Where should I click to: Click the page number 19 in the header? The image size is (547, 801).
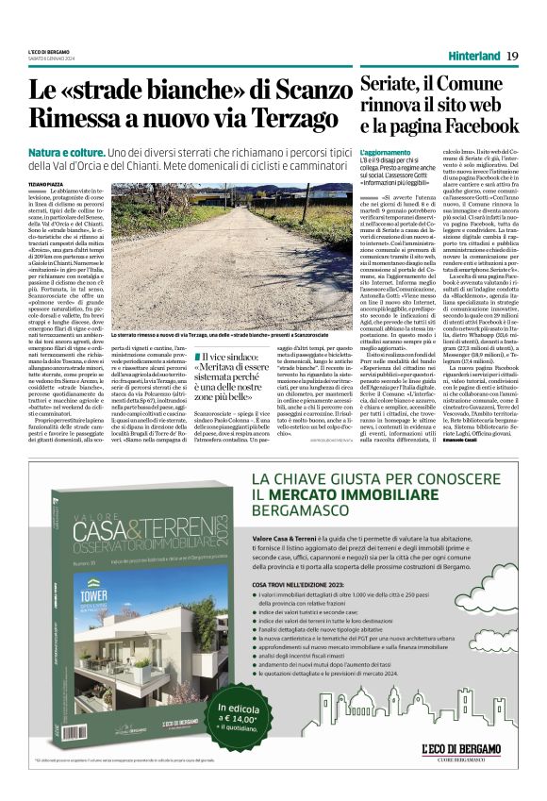point(512,57)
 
